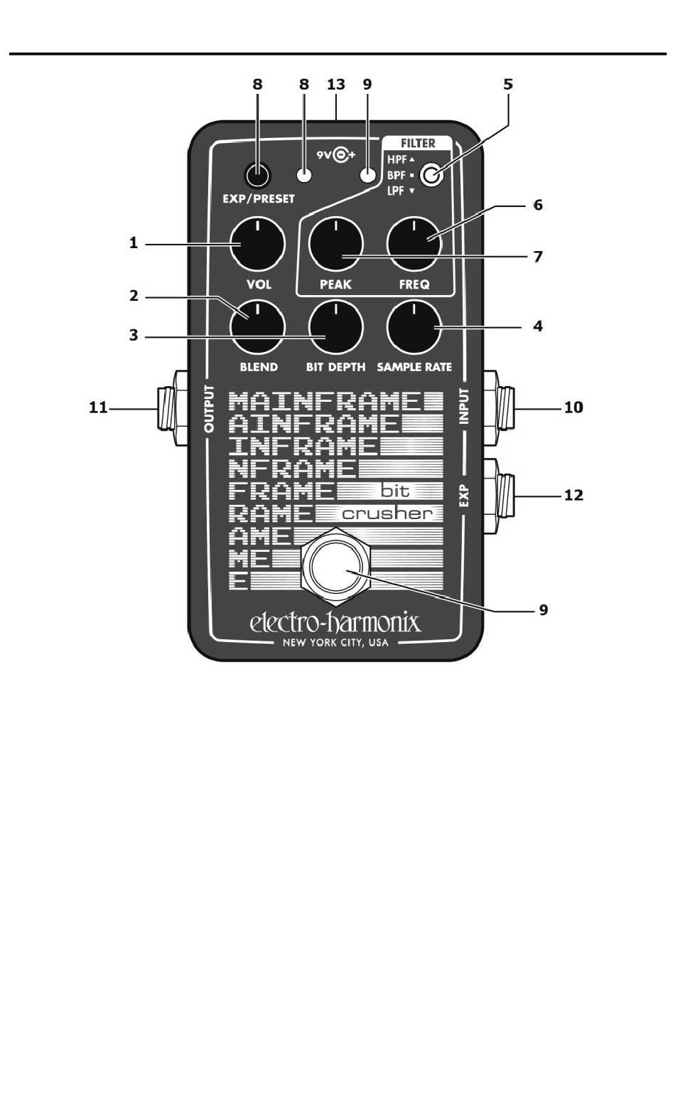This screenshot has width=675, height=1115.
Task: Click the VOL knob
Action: coord(257,244)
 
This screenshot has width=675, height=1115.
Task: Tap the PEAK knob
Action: coord(335,244)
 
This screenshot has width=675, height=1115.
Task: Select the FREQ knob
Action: coord(414,244)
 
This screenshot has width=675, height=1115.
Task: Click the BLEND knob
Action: coord(257,327)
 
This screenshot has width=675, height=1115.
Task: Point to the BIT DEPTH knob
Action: coord(335,327)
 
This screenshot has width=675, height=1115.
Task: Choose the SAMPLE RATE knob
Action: coord(414,327)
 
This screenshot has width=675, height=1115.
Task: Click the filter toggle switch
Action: coord(431,174)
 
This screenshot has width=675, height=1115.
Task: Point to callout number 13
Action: coord(336,84)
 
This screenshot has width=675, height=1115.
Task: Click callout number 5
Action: coord(508,84)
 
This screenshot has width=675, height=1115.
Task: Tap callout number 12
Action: coord(573,495)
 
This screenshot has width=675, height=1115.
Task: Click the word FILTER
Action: coord(418,143)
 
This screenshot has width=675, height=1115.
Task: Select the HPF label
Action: coord(396,159)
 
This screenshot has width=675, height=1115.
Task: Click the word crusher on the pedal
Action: coord(387,513)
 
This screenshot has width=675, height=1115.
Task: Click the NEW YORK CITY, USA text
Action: coord(335,644)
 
